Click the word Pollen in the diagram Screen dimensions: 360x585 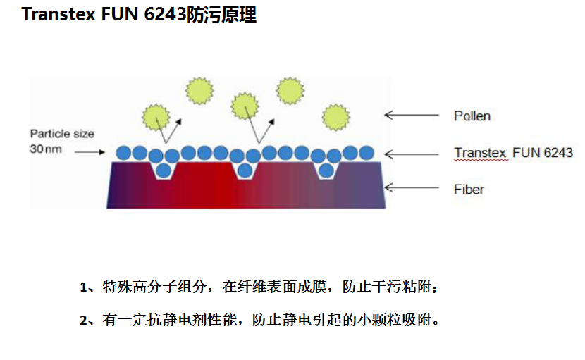click(x=472, y=116)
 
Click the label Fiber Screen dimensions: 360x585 click(x=469, y=189)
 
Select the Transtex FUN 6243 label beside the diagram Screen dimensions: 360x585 click(x=513, y=153)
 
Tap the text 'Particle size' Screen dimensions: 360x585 click(x=62, y=134)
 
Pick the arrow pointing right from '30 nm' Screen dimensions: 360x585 click(x=88, y=151)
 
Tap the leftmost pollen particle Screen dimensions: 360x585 click(x=154, y=116)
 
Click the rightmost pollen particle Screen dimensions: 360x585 click(x=335, y=116)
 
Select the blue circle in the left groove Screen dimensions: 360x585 click(x=164, y=170)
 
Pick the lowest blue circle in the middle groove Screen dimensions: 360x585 click(x=245, y=170)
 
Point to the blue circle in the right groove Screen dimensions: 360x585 click(x=326, y=170)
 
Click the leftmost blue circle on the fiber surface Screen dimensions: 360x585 click(x=123, y=152)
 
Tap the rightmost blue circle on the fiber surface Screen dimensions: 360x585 click(x=367, y=152)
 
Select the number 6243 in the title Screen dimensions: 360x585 click(x=164, y=15)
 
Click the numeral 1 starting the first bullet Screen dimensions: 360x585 click(x=83, y=287)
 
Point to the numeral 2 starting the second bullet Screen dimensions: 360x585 click(x=83, y=321)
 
